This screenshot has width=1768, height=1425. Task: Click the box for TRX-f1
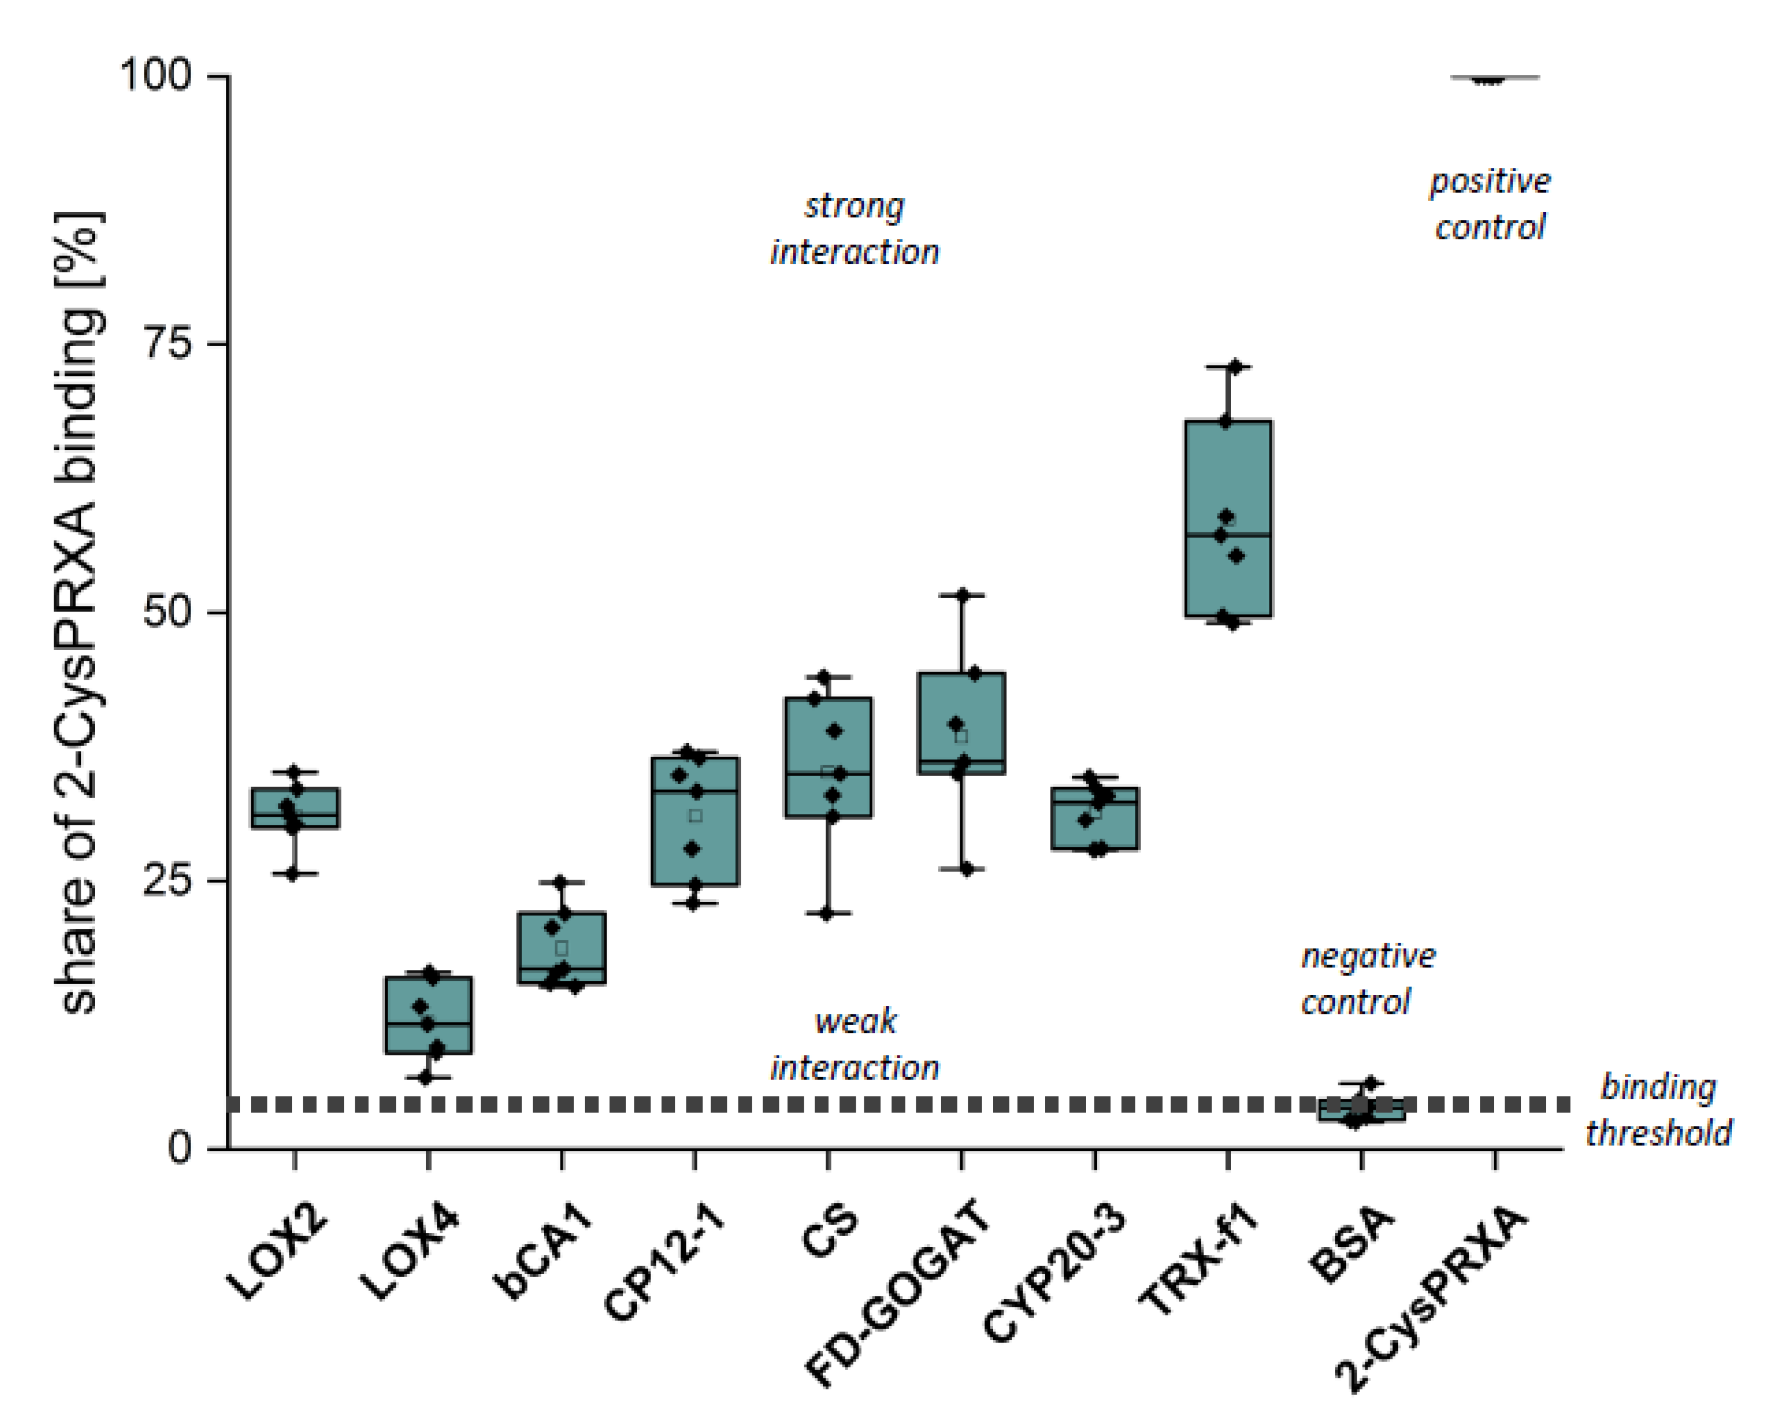(1228, 519)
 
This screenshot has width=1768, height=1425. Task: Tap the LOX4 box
(428, 1014)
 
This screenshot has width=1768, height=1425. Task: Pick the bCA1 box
(562, 948)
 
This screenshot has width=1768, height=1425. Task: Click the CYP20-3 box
(1095, 818)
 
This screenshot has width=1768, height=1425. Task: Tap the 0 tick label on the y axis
(181, 1147)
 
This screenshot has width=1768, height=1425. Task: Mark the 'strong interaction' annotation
(853, 229)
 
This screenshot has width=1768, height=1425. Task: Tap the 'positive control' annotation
(1490, 203)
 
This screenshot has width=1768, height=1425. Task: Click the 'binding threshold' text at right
(1658, 1110)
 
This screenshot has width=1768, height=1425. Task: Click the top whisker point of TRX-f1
(1233, 367)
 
